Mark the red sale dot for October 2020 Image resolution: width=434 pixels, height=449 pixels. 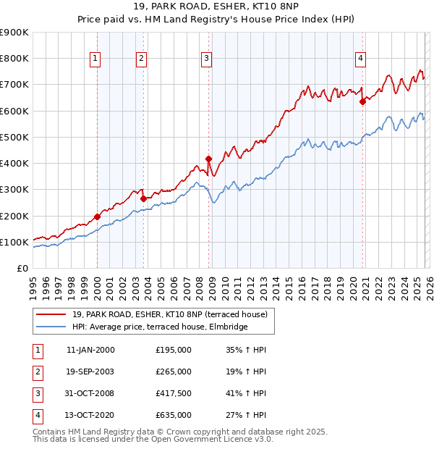(362, 101)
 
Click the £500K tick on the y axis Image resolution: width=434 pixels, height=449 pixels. (14, 137)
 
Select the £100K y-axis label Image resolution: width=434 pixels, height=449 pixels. (14, 242)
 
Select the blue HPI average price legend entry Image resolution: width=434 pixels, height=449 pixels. (160, 327)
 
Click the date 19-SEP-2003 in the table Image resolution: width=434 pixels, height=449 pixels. (90, 372)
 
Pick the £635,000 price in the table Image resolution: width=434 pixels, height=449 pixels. (174, 415)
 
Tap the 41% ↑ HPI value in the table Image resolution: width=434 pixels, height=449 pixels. (246, 393)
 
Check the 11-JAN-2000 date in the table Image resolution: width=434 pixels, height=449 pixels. (90, 350)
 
